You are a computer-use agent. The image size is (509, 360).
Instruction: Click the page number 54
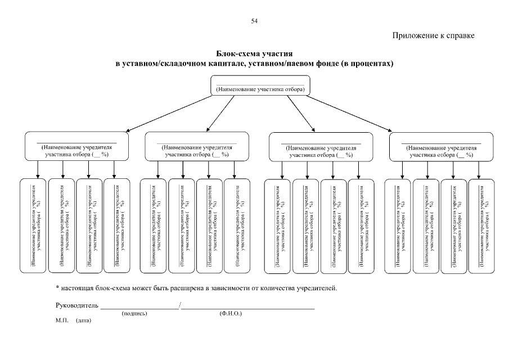254,21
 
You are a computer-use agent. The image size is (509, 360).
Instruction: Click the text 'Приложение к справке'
434,36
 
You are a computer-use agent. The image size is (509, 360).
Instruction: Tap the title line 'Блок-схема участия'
254,54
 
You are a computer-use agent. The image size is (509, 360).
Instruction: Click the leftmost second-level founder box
76,146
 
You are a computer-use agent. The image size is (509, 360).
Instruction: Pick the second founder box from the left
196,146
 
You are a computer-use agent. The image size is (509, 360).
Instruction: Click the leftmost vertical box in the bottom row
33,226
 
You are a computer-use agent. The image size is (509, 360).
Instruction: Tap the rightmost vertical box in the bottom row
481,226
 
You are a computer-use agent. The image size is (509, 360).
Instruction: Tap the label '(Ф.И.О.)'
231,313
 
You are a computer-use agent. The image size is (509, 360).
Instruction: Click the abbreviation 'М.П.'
61,319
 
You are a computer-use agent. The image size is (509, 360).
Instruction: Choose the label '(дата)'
83,320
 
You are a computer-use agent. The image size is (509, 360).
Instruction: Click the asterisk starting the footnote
57,288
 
